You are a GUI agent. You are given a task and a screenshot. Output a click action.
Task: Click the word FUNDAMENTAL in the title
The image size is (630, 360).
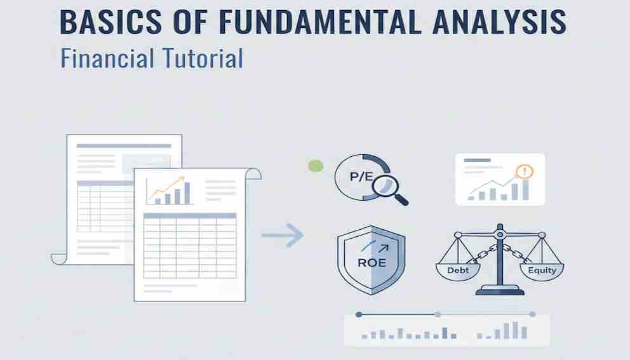point(320,22)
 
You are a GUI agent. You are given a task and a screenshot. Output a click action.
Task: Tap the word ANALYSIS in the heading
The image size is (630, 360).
point(500,22)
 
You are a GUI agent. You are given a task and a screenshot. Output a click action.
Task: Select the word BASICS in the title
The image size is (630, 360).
point(111,22)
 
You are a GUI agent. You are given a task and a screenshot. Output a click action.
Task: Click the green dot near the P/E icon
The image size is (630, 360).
point(316,166)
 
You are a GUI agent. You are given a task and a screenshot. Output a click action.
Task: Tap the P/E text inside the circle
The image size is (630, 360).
point(361,177)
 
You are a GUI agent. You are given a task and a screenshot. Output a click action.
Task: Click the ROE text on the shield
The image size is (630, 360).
point(372,263)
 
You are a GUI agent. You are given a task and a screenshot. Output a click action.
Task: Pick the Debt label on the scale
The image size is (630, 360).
point(458,270)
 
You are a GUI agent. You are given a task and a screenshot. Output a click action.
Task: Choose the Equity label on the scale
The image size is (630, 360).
point(542,270)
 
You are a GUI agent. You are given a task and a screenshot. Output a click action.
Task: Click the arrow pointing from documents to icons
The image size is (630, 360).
point(283,235)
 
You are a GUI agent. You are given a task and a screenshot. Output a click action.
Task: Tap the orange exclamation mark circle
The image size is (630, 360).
point(524,172)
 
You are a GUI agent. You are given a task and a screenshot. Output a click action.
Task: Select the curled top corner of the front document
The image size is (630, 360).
point(253,173)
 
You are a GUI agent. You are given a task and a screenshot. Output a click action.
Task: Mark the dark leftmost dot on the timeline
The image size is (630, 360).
point(359,314)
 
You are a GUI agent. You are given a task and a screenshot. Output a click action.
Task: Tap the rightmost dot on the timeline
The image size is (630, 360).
point(532,314)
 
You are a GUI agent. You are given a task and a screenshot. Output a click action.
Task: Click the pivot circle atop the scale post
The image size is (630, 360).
point(500,234)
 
